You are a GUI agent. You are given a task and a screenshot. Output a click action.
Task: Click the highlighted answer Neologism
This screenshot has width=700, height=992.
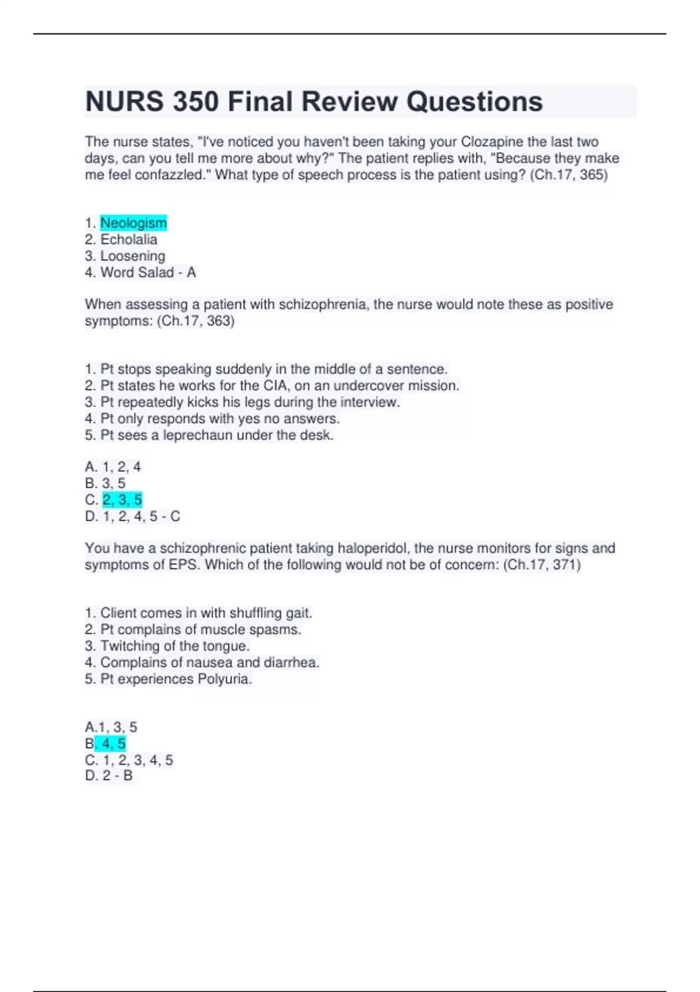click(134, 223)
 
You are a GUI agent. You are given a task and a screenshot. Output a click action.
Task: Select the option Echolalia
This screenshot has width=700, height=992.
click(128, 239)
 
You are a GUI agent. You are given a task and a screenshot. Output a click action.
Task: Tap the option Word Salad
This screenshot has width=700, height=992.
click(137, 273)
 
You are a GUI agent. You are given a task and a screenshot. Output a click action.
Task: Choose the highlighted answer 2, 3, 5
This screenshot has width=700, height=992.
click(122, 500)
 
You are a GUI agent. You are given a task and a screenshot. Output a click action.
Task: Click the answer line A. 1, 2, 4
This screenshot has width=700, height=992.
click(113, 467)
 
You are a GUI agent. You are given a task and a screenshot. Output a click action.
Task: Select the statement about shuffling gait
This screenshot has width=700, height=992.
click(198, 613)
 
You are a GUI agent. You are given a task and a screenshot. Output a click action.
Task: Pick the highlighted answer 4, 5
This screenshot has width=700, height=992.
click(113, 743)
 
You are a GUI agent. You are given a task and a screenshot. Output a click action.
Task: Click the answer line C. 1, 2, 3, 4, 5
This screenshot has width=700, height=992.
click(128, 760)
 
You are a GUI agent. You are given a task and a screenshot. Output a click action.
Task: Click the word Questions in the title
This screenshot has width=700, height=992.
click(474, 102)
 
